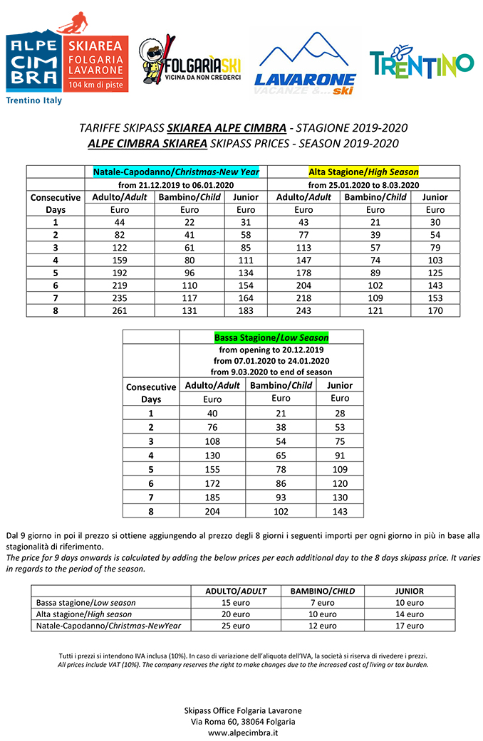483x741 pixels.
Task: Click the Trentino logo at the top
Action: coord(421,63)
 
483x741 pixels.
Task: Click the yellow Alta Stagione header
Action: coord(363,172)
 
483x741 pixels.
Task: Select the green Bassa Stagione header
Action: coord(271,337)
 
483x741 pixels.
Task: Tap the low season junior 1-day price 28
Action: coord(340,413)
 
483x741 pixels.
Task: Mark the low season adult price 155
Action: coord(212,470)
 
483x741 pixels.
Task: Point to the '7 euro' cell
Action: coord(323,603)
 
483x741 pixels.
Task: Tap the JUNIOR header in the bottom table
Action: coord(409,591)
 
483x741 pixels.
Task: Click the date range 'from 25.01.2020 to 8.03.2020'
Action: coord(363,185)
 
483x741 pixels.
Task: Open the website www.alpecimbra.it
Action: coord(243,732)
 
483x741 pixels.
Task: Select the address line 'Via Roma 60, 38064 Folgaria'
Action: coord(243,721)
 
